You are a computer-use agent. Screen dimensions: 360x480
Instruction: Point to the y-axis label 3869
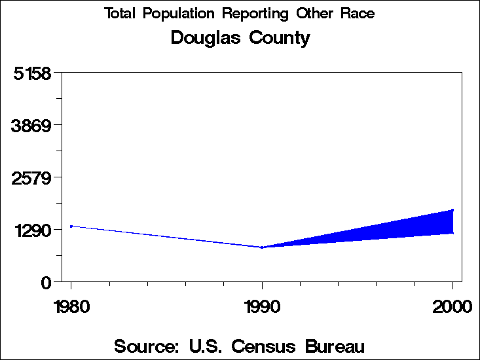tap(33, 125)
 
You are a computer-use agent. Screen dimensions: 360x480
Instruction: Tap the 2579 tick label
tap(33, 177)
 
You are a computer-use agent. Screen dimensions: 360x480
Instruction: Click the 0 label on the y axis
tap(46, 283)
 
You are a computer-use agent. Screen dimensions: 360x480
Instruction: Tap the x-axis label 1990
tap(262, 306)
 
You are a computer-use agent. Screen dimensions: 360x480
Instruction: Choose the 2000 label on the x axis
tap(452, 306)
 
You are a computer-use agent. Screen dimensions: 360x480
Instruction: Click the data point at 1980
tap(71, 226)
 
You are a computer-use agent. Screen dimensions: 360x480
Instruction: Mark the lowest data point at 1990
tap(262, 247)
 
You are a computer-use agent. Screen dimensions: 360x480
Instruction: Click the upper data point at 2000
tap(452, 210)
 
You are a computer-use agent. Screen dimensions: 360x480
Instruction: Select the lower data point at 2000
tap(452, 233)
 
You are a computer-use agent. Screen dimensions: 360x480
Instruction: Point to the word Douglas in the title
tap(206, 38)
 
